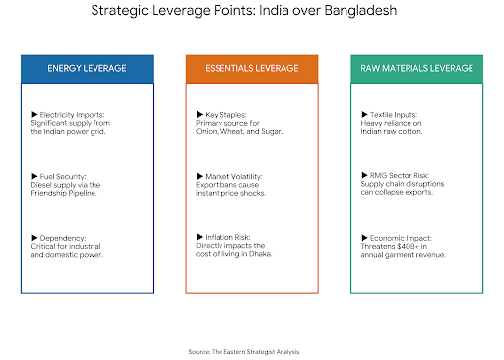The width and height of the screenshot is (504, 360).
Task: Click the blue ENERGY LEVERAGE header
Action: (x=87, y=69)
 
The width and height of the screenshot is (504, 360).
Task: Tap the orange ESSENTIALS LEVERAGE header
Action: (x=252, y=69)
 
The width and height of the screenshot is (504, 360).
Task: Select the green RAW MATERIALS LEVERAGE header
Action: (x=416, y=69)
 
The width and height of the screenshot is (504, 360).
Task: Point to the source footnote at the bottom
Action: (x=251, y=350)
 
